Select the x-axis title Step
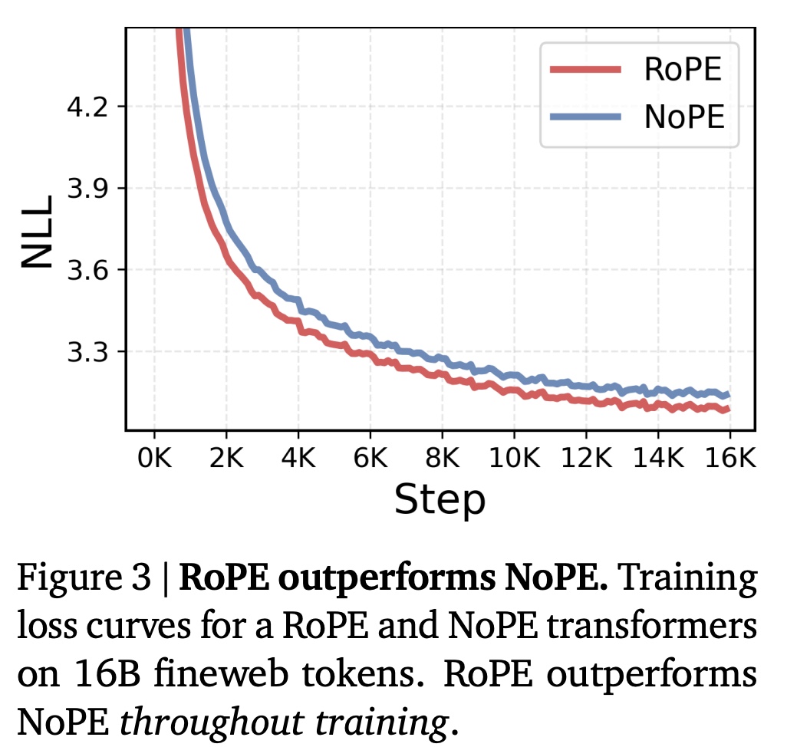coord(440,500)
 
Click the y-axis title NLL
coord(36,230)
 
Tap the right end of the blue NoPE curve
coord(726,395)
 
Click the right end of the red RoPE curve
coord(726,410)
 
